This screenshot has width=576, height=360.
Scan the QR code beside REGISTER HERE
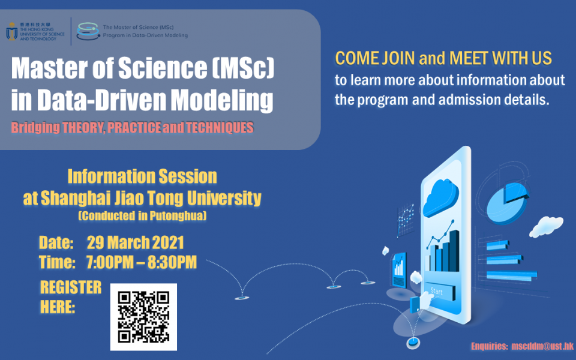(x=143, y=316)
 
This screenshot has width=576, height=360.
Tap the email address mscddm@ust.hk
(x=544, y=346)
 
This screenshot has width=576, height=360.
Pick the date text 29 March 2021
(x=135, y=243)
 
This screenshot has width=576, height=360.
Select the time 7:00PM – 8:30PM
(x=142, y=262)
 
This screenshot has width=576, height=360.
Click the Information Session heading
(x=142, y=176)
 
